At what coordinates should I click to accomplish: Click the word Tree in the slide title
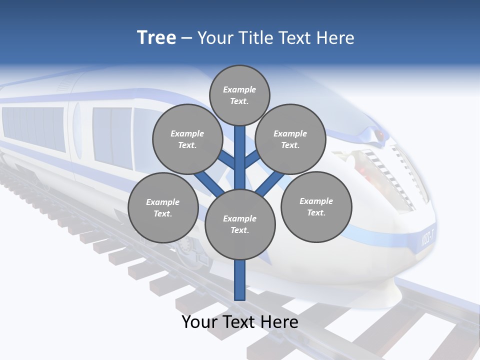click(x=156, y=38)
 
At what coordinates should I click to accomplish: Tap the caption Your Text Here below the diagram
click(x=240, y=322)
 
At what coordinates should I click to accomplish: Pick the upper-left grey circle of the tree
click(x=187, y=139)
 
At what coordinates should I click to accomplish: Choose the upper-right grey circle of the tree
click(x=290, y=139)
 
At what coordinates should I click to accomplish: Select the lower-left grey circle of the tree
click(x=163, y=207)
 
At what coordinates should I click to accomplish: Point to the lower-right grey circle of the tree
click(x=316, y=206)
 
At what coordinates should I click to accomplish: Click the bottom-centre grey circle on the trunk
click(x=240, y=224)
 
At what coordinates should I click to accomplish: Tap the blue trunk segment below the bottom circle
click(x=240, y=280)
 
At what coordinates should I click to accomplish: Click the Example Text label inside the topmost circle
click(x=239, y=95)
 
